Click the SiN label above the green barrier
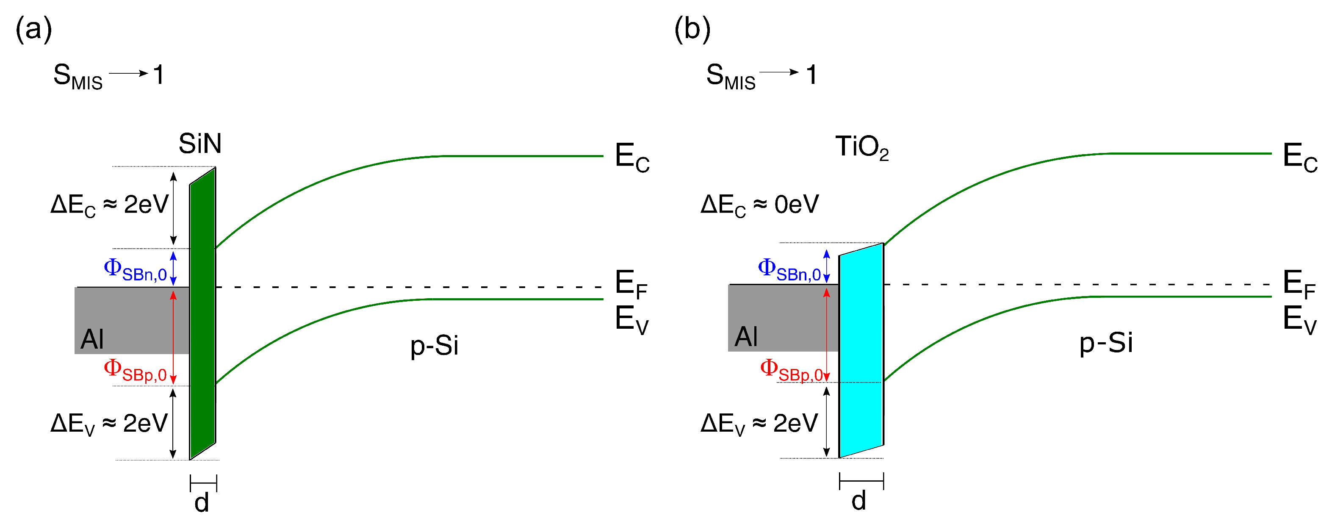pos(199,143)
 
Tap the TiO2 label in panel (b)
pos(861,147)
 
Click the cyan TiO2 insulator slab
pos(861,352)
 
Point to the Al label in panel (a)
pos(92,339)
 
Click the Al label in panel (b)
pos(746,337)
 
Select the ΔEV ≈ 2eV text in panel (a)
pos(108,424)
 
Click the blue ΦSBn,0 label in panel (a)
pos(135,270)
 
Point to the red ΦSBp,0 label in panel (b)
pos(791,370)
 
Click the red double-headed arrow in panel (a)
pos(173,336)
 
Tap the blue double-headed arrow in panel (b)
pos(826,266)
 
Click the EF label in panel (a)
pos(631,284)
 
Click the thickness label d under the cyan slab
pos(859,501)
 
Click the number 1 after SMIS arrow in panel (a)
pos(159,75)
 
